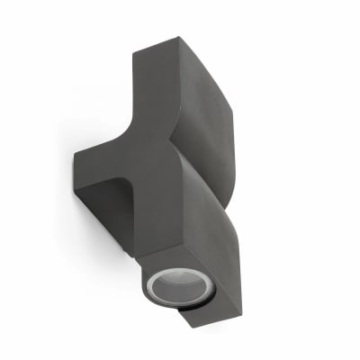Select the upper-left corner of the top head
click(135, 52)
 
